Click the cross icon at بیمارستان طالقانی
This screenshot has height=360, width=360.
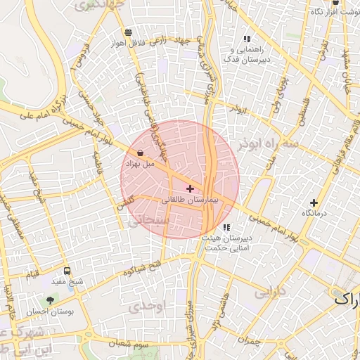[x=190, y=188]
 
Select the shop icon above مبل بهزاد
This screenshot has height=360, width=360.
[x=141, y=153]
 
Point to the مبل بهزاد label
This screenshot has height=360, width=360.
[x=140, y=163]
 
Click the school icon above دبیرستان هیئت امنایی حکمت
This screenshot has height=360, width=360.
[x=226, y=227]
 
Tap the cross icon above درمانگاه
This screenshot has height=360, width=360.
[x=314, y=202]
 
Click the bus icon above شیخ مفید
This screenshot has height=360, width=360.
[x=67, y=271]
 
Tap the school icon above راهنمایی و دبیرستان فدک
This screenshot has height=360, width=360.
[x=246, y=39]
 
